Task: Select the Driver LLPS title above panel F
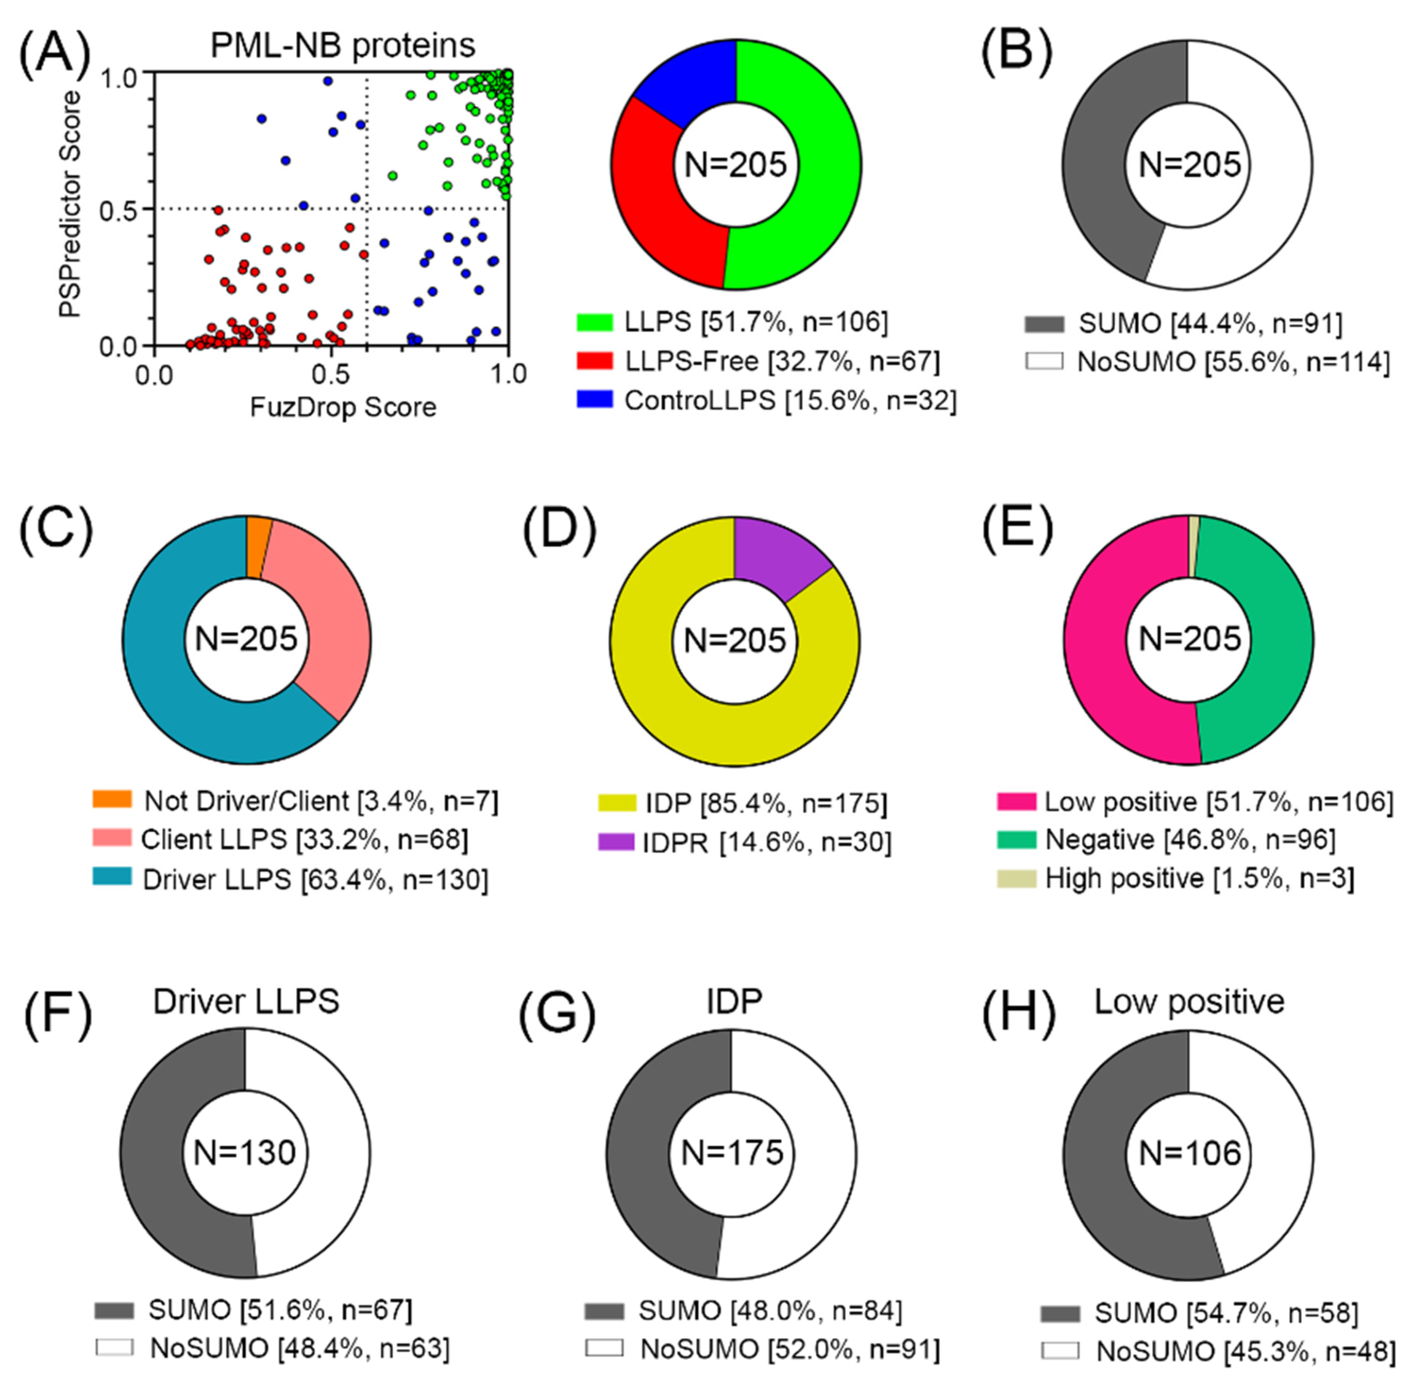point(246,1002)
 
